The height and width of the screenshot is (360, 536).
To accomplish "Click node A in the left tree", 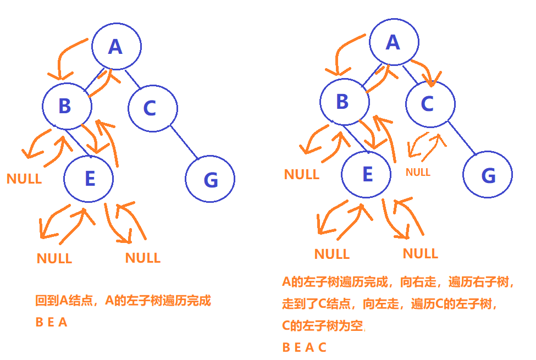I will pos(116,47).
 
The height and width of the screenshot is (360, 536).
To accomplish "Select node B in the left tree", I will pos(67,106).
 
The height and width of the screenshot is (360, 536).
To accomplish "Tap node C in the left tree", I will pos(152,108).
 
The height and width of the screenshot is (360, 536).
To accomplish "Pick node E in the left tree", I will pos(89,179).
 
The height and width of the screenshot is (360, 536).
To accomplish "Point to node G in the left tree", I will pos(210,179).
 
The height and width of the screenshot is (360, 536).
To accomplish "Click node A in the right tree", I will pos(393,42).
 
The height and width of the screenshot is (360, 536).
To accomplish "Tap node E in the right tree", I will pos(366,174).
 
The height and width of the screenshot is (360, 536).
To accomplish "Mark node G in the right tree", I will pos(487,175).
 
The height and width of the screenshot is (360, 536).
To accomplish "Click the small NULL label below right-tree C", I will pos(418,172).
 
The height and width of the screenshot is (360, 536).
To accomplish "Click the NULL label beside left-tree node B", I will pos(24,179).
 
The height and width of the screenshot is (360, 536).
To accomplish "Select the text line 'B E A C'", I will pos(304,347).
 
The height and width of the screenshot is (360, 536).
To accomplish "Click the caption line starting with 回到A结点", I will pos(123,301).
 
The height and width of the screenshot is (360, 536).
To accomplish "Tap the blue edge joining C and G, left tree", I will pos(184,142).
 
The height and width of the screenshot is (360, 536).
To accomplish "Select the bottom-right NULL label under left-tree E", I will pos(143,258).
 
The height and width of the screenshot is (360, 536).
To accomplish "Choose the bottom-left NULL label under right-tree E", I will pos(332,254).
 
